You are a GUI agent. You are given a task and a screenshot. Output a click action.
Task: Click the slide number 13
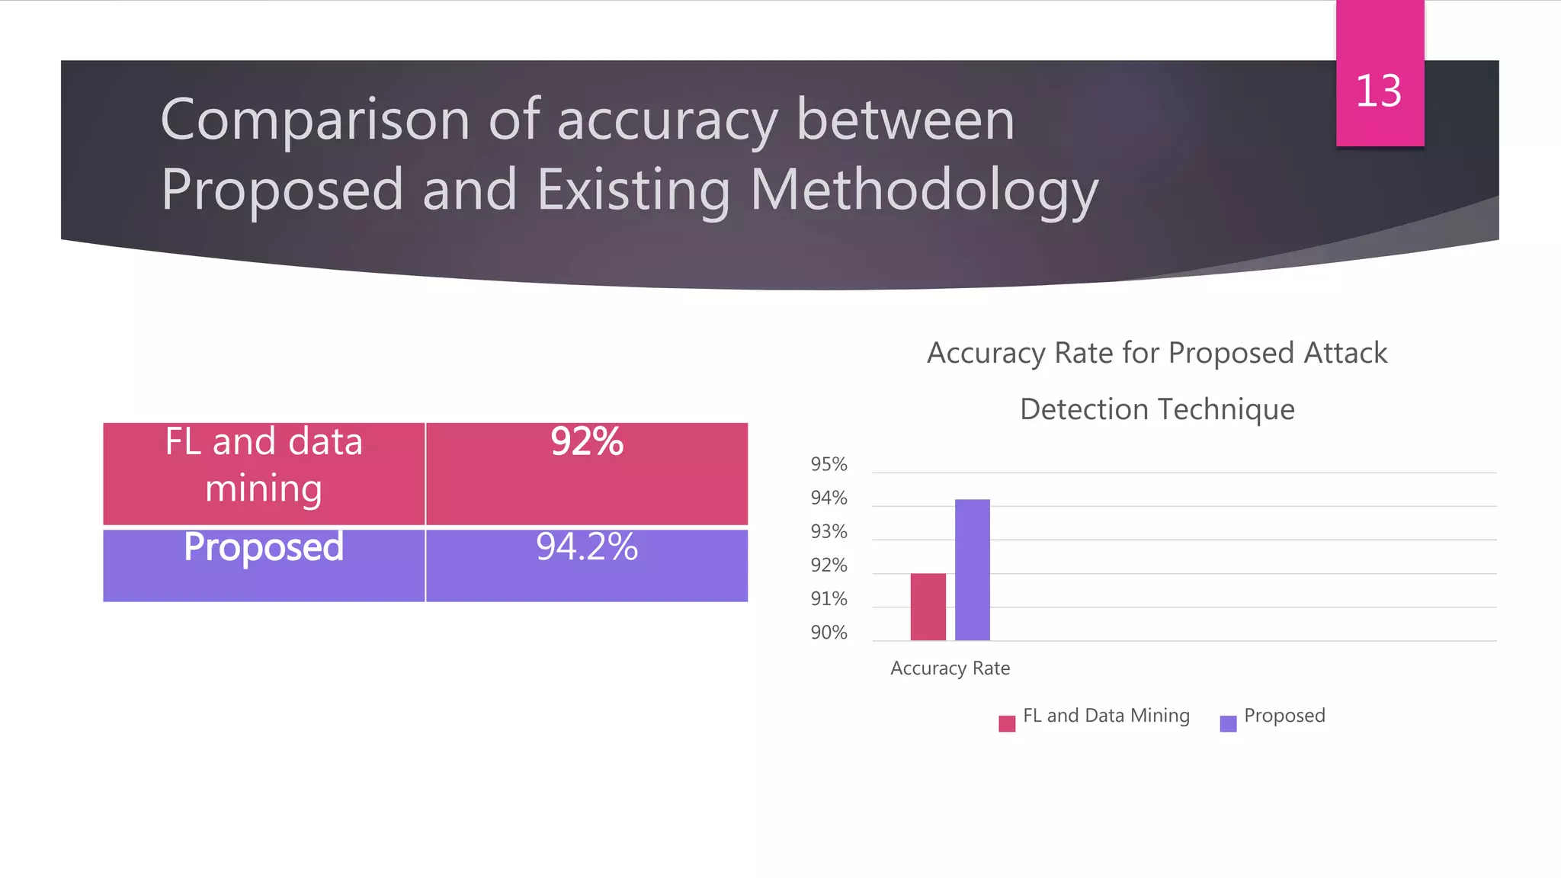pos(1378,91)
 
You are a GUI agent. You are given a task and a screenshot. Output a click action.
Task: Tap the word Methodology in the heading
pos(924,191)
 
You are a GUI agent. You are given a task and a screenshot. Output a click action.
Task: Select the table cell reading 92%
pos(587,473)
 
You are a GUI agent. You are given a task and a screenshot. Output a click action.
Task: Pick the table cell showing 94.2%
pos(587,565)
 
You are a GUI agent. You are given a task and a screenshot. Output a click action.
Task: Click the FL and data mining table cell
pos(264,473)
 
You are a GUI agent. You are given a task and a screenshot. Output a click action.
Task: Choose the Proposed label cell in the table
pos(264,565)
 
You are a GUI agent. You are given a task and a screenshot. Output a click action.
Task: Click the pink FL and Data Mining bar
pos(928,607)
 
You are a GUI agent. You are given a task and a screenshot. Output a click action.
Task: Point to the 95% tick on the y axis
pos(829,464)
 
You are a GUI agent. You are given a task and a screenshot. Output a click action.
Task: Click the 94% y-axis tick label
pos(829,498)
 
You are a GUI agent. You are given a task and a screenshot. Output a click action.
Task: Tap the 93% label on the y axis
pos(829,531)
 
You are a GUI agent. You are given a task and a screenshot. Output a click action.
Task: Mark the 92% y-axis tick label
pos(829,565)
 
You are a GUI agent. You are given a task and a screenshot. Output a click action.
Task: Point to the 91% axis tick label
pos(829,598)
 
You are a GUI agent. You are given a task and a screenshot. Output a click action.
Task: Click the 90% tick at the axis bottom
pos(829,632)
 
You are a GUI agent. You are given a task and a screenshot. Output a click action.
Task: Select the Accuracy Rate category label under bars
pos(950,668)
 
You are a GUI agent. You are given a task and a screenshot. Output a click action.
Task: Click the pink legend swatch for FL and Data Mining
pos(1007,723)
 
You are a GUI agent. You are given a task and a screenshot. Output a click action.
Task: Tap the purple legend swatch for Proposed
pos(1228,723)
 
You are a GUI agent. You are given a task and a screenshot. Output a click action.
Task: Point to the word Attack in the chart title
pos(1345,353)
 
